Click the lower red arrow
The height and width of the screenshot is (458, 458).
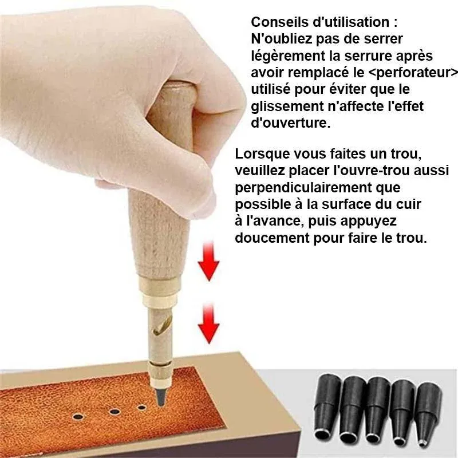[208, 324]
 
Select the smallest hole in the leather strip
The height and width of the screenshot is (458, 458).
[141, 408]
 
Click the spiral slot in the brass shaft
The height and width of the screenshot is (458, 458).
[156, 330]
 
